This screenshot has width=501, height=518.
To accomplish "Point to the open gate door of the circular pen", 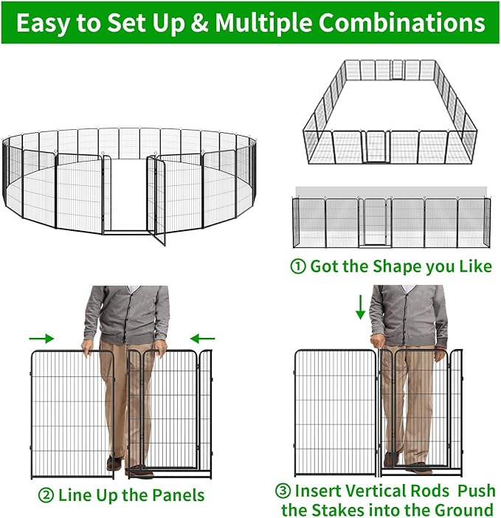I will coord(156,199).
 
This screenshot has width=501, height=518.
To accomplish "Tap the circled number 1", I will coord(298,266).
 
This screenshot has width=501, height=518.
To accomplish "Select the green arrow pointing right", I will coord(42,338).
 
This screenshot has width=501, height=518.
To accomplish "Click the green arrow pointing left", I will coord(201,338).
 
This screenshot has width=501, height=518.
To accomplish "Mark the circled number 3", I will coord(282,491).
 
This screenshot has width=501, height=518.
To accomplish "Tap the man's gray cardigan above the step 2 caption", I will coord(126,314).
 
